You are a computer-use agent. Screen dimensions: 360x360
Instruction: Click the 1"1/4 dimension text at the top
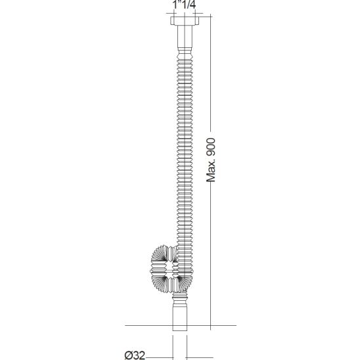tap(184, 5)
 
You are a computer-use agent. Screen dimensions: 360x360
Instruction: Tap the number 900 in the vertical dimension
tap(211, 146)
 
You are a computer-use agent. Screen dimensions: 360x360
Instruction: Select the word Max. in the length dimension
tap(211, 170)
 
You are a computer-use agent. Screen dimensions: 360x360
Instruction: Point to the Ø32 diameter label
tap(135, 355)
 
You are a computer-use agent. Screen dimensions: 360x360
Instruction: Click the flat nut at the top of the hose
tap(185, 20)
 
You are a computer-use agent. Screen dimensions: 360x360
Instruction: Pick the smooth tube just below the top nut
tap(185, 36)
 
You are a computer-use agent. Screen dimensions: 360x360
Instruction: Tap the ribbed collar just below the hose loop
tap(180, 298)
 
